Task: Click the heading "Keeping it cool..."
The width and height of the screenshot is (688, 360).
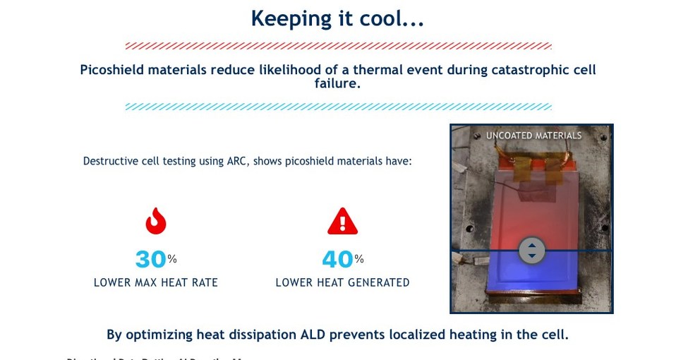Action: pos(337,18)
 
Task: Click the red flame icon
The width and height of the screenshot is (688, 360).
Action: pos(156,221)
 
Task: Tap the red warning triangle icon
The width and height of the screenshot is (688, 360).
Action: pos(342,222)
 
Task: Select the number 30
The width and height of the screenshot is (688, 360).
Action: pos(150,260)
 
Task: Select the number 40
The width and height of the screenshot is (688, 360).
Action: pos(337,260)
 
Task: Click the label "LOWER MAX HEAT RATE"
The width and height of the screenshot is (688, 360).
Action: pos(156,283)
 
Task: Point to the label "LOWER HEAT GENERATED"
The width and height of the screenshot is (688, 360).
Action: pos(342,283)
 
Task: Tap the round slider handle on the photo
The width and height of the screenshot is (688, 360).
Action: pos(531,251)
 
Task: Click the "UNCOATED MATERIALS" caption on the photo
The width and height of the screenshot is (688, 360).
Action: pos(533,136)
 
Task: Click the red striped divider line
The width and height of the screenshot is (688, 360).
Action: pos(338,46)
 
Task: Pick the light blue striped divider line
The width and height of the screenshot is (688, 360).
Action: pos(338,107)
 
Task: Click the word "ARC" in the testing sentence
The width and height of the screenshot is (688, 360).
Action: pos(236,161)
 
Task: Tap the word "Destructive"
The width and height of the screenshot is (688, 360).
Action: pos(110,161)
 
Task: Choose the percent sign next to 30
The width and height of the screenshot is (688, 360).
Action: pos(172,259)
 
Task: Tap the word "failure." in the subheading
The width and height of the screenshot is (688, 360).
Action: pos(337,84)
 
